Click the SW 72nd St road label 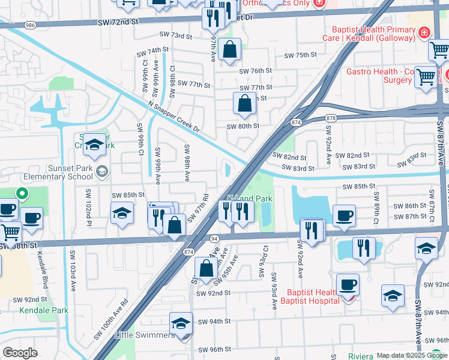coord(118,22)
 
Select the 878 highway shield coord(330,119)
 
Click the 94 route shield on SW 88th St coord(214,238)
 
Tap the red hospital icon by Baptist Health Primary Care coord(425,31)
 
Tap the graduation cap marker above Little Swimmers coord(181,323)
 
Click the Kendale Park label coord(43,311)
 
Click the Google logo coord(20,353)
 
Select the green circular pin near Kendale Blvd coord(22,194)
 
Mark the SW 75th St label coord(300,55)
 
